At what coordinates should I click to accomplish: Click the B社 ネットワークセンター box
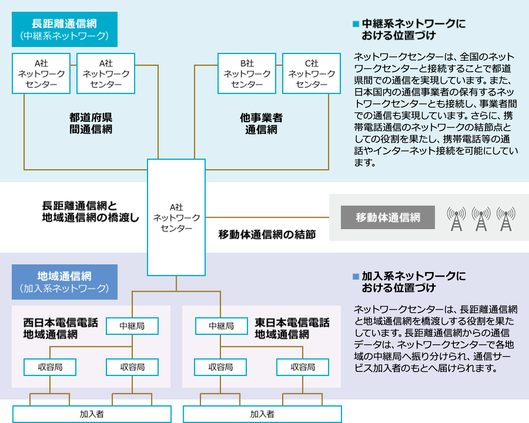coord(247,74)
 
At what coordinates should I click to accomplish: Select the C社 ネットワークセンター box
coord(312,74)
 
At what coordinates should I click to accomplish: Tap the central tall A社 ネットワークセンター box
coord(176,217)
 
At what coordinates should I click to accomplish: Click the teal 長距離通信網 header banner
coord(65,29)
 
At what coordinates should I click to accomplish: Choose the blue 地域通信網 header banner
coord(65,282)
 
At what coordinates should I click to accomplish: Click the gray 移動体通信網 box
coord(388,217)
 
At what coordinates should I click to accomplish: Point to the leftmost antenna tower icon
coord(457,219)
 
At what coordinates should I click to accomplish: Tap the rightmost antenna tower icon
coord(506,219)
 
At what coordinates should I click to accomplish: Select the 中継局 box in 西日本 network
coord(132,326)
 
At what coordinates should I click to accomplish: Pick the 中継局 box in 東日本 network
coord(221,326)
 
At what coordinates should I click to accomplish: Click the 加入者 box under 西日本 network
coord(92,414)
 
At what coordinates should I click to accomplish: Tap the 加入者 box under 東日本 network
coord(263,414)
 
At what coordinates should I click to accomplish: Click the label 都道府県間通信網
coord(91,123)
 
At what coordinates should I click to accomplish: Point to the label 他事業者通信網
coord(261,123)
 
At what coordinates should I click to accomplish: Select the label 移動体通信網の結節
coord(267,235)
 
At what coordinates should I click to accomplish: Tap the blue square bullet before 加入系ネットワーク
coord(356,277)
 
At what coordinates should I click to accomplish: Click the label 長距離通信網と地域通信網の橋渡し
coord(90,211)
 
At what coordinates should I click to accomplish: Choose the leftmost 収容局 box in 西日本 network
coord(50,367)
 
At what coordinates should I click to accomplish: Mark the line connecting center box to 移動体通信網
coord(266,217)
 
